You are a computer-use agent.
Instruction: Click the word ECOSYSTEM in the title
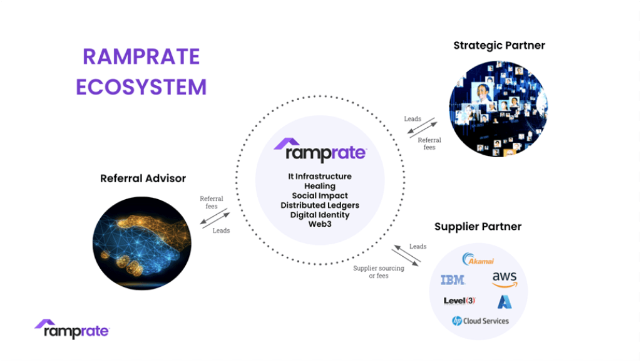[141, 87]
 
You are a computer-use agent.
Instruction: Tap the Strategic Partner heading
[499, 45]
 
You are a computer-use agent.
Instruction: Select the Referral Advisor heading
[143, 178]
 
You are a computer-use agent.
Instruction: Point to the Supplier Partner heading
[478, 227]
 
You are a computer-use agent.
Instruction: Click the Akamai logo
[478, 259]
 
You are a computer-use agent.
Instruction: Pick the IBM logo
[453, 280]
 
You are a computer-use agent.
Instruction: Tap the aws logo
[505, 280]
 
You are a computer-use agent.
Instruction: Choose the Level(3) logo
[459, 301]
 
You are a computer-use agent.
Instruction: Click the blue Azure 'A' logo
[505, 302]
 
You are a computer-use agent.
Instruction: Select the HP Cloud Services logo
[480, 321]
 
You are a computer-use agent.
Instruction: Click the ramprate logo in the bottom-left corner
[72, 329]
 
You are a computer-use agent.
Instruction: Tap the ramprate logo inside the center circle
[320, 150]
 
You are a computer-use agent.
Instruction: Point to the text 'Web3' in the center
[320, 224]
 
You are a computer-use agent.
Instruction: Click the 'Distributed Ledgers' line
[320, 205]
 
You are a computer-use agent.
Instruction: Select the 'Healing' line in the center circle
[320, 186]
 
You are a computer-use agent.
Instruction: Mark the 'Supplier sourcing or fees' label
[379, 272]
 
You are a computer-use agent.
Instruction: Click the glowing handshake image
[142, 244]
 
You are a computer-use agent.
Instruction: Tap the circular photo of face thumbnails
[498, 109]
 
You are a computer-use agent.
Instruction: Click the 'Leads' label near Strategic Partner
[413, 119]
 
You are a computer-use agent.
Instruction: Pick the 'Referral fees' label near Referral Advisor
[212, 202]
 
